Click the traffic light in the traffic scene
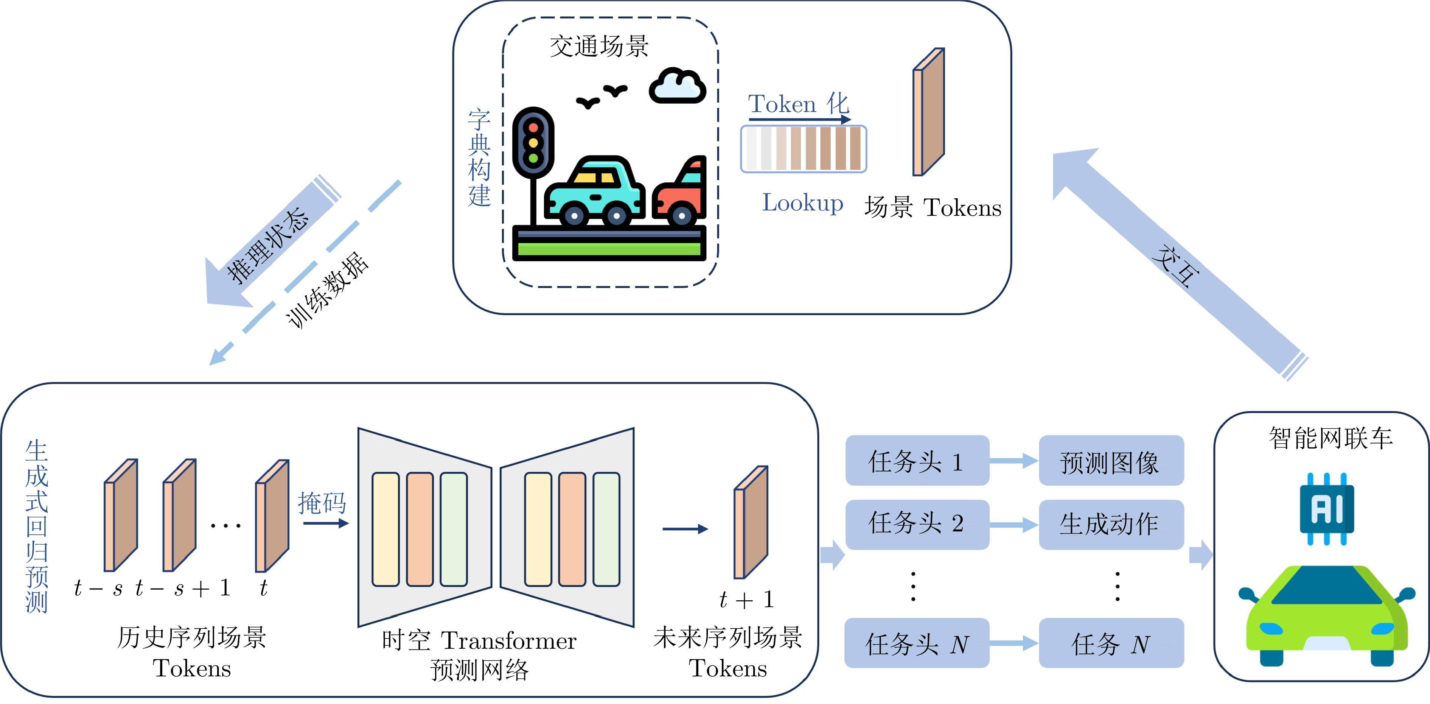[x=533, y=143]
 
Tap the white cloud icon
[x=677, y=87]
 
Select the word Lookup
[x=802, y=203]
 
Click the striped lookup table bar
[x=803, y=149]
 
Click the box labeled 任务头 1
[x=917, y=461]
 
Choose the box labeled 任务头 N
[x=917, y=643]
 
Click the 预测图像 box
[x=1111, y=461]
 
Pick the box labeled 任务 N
[x=1111, y=643]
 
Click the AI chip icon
[x=1326, y=508]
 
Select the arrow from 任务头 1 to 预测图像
[x=1013, y=461]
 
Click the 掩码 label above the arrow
[x=322, y=503]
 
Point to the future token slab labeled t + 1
[x=751, y=522]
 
